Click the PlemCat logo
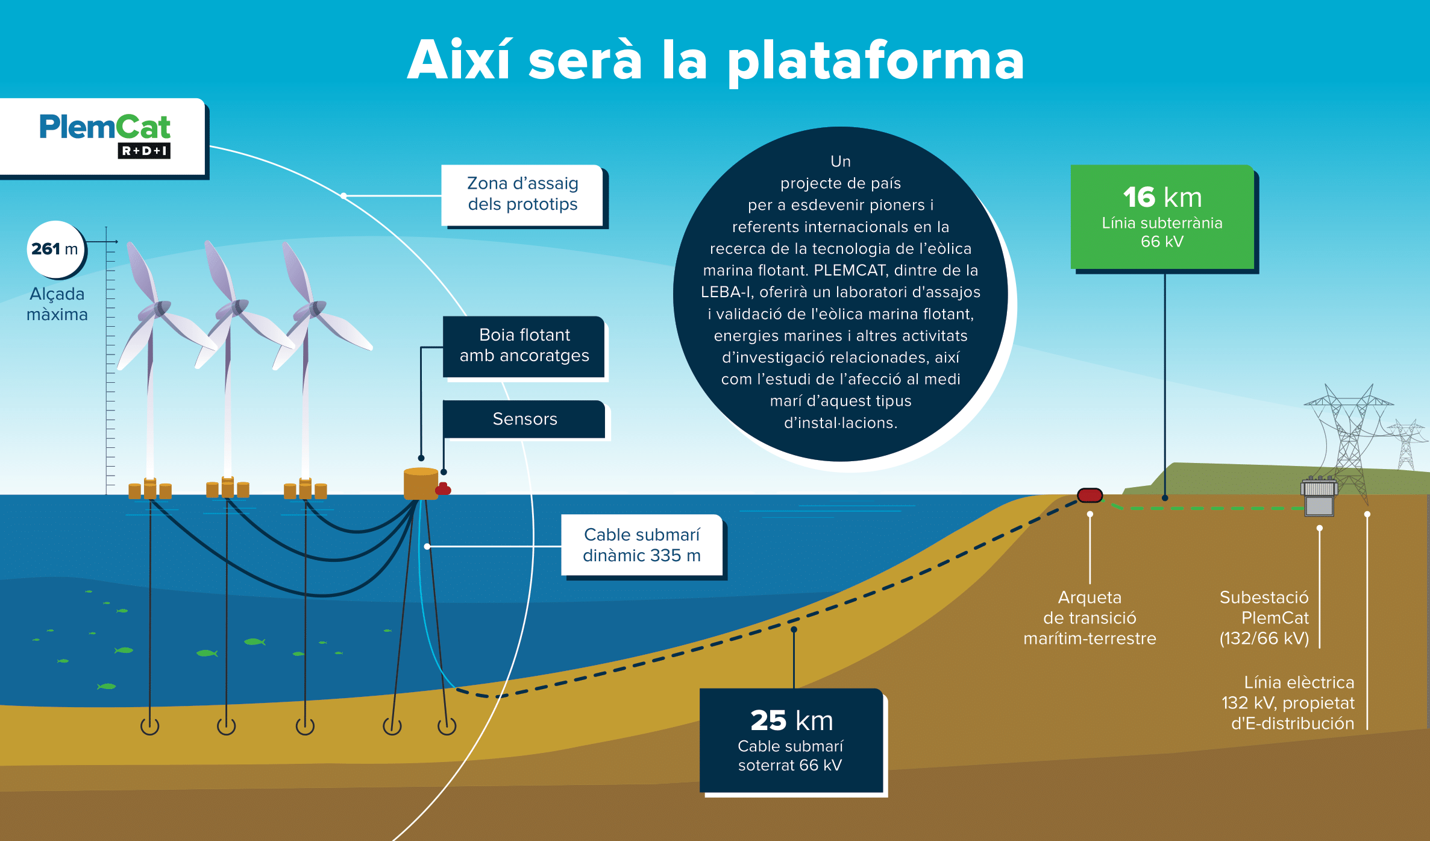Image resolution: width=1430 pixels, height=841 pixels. pyautogui.click(x=105, y=135)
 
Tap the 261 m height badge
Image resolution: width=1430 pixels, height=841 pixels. pyautogui.click(x=55, y=249)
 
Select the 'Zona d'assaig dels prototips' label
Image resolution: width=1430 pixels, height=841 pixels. pyautogui.click(x=522, y=194)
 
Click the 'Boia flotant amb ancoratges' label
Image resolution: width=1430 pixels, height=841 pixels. pyautogui.click(x=524, y=345)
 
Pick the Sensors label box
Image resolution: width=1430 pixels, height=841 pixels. pyautogui.click(x=524, y=418)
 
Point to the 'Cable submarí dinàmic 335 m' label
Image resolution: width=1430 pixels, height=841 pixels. pyautogui.click(x=642, y=545)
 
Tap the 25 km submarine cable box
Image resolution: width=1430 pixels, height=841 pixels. pyautogui.click(x=791, y=740)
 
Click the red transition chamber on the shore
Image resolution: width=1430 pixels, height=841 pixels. pyautogui.click(x=1090, y=496)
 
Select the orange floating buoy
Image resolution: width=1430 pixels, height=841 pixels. pyautogui.click(x=420, y=483)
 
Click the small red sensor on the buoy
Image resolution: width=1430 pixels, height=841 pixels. pyautogui.click(x=444, y=488)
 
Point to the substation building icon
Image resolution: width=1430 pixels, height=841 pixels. pyautogui.click(x=1319, y=498)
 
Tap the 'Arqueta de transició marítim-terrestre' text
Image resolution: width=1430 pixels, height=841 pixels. pyautogui.click(x=1090, y=617)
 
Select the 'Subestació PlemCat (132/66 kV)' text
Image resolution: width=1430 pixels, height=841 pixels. pyautogui.click(x=1264, y=617)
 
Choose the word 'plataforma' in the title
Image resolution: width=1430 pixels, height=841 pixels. pyautogui.click(x=876, y=61)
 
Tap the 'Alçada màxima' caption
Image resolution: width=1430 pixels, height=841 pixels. pyautogui.click(x=57, y=304)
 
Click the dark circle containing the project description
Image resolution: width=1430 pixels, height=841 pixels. pyautogui.click(x=840, y=293)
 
